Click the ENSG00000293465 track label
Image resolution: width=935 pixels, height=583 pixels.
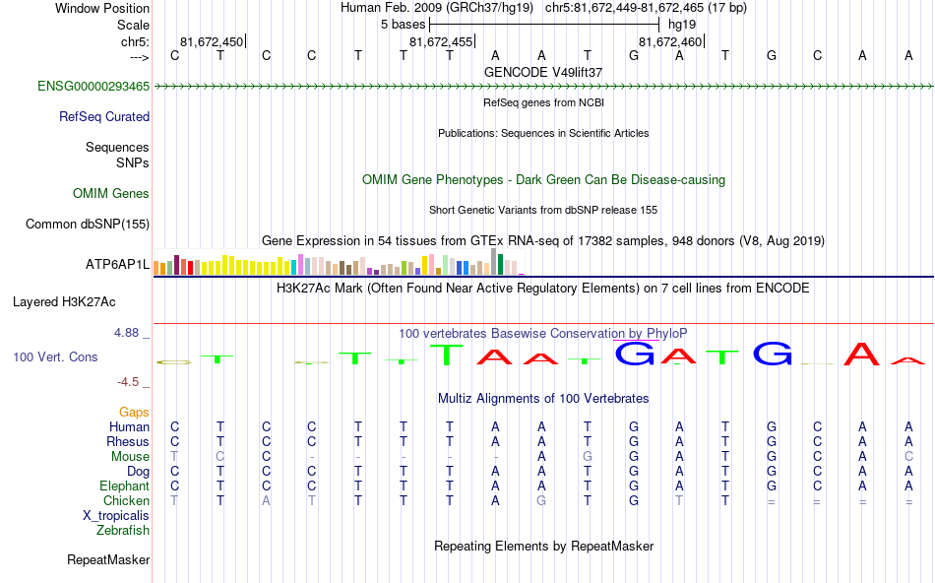click(93, 87)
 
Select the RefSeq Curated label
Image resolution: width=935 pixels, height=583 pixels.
click(104, 117)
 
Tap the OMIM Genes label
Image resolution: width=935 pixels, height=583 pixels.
click(111, 194)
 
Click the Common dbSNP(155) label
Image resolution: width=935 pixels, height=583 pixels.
click(88, 225)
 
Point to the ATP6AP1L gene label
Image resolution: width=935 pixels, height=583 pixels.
click(117, 265)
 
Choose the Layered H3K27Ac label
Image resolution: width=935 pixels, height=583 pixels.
click(64, 301)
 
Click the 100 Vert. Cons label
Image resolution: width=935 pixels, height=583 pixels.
click(56, 357)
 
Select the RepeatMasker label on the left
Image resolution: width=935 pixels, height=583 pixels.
click(108, 560)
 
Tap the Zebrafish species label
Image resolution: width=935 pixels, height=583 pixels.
click(123, 531)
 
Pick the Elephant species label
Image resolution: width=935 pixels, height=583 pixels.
click(124, 486)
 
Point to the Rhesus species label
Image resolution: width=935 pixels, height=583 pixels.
click(128, 442)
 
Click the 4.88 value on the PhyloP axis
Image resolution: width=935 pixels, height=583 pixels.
click(128, 333)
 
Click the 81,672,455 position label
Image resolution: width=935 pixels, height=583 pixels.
click(441, 42)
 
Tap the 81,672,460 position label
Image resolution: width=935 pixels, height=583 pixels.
click(670, 42)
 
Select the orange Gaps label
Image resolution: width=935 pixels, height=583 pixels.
click(134, 412)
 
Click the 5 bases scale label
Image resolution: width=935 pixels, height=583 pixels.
click(403, 25)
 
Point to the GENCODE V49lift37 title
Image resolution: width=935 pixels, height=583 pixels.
click(543, 72)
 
